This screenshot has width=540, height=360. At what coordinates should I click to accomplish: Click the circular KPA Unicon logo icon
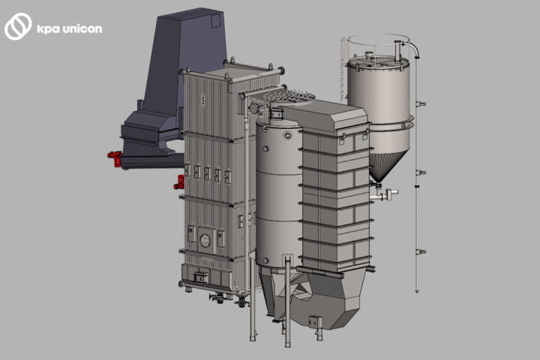click(18, 26)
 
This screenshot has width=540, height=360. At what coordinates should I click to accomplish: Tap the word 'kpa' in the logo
click(47, 30)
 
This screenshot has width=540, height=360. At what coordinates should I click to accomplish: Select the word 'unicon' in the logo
click(82, 28)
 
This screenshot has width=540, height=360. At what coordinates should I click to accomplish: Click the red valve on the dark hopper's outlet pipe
click(115, 158)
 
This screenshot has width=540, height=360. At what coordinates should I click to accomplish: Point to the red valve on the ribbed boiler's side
click(179, 182)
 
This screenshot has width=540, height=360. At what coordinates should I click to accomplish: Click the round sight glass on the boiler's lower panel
click(205, 241)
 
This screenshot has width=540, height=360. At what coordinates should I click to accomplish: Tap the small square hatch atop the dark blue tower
click(215, 21)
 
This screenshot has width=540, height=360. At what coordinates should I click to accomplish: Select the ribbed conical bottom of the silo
click(385, 166)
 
